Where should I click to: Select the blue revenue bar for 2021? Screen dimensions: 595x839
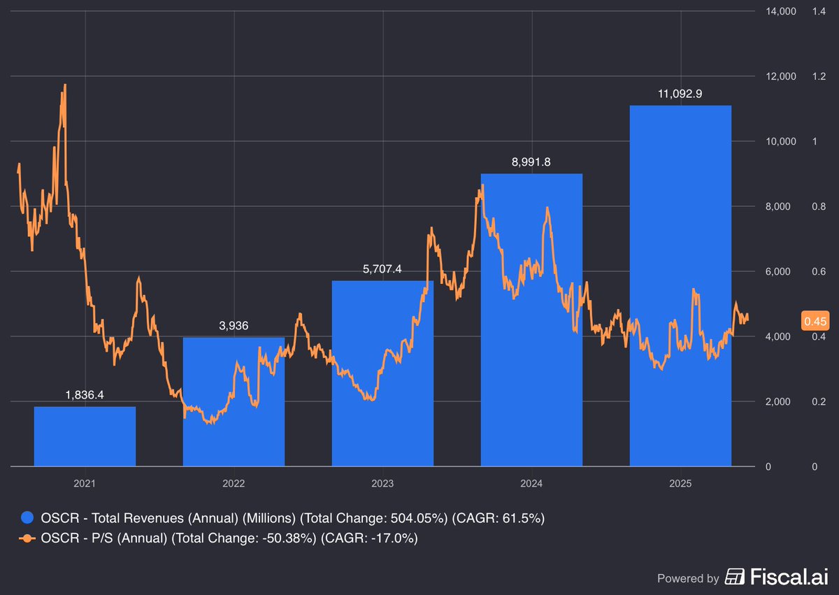pos(85,436)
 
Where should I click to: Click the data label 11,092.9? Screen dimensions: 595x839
pos(680,94)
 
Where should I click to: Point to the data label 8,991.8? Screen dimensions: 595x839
pos(531,162)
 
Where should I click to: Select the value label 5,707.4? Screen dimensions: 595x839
pos(382,269)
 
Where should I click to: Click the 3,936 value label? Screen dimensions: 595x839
pos(234,326)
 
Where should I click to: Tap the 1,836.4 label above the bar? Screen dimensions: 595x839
pos(85,395)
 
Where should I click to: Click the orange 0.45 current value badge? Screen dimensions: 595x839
pos(815,322)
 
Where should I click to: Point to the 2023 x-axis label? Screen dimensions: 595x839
pos(382,483)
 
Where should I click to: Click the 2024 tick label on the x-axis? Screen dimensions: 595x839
pos(531,483)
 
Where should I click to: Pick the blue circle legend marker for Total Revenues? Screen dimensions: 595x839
pos(27,518)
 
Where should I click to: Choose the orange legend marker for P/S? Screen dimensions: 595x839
pos(27,538)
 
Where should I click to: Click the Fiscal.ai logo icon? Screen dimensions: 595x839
pos(735,578)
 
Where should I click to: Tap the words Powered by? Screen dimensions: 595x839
pos(688,578)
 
